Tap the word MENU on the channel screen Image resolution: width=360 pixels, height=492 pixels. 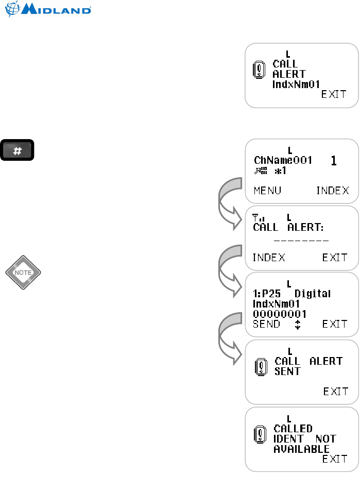pos(267,191)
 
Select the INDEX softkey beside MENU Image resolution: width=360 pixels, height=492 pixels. pos(332,191)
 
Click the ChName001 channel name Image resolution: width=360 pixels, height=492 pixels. pos(283,160)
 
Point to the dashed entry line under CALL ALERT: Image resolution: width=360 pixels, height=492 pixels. pos(301,240)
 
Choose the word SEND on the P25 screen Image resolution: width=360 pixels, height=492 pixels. pos(266,325)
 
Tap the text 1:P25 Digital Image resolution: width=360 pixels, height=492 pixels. pos(292,294)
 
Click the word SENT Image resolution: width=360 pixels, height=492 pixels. pos(287,371)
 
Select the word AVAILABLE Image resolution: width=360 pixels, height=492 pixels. pos(301,449)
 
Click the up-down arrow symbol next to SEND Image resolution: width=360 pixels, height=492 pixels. pos(298,325)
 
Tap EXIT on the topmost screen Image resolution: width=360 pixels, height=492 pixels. pos(334,94)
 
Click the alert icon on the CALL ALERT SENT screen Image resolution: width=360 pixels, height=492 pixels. pos(262,367)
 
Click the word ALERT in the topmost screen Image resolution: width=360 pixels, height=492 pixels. pos(289,74)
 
